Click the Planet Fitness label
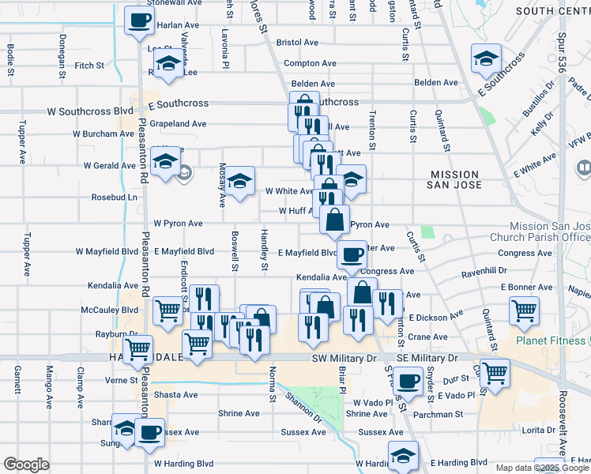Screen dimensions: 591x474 click(x=551, y=340)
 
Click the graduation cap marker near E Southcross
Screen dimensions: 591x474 click(x=486, y=58)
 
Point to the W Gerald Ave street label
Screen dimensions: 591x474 click(x=109, y=166)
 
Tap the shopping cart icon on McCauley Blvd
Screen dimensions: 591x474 click(x=168, y=311)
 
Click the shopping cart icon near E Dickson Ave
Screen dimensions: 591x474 click(x=524, y=310)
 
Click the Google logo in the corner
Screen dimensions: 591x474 click(x=26, y=465)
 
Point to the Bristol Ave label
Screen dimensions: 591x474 click(x=297, y=43)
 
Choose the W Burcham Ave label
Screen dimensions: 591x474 click(x=104, y=134)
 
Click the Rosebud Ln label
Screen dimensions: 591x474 click(x=115, y=197)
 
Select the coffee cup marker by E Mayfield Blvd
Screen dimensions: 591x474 click(x=352, y=254)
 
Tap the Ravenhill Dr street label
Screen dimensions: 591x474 click(x=484, y=270)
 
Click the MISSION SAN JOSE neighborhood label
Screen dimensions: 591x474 click(x=454, y=181)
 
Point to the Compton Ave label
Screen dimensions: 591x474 click(x=300, y=63)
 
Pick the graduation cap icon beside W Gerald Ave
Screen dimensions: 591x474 click(x=164, y=163)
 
